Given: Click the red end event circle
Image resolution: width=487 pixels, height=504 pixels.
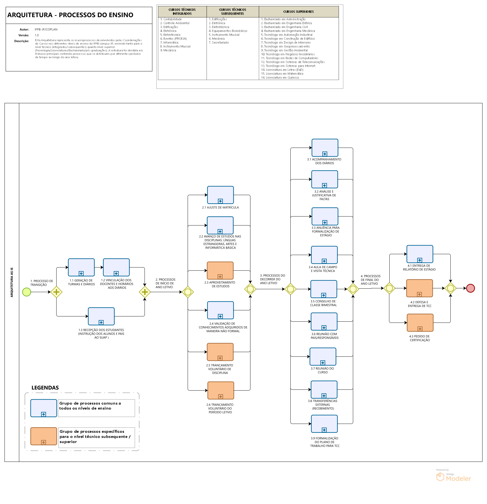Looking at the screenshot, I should (x=470, y=288).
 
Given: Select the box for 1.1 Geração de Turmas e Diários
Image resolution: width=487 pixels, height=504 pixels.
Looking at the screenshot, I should (x=81, y=267).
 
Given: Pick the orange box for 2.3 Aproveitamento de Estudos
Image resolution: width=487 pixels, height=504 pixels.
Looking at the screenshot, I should (x=220, y=271).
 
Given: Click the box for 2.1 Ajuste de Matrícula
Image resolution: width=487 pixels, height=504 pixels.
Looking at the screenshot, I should (x=220, y=195).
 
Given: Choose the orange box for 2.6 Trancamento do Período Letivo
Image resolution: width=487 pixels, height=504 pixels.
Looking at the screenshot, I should (x=221, y=390).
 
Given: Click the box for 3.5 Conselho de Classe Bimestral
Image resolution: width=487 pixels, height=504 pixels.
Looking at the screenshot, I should (x=324, y=289).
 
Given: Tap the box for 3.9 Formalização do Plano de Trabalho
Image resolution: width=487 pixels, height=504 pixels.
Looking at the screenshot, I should (x=324, y=424).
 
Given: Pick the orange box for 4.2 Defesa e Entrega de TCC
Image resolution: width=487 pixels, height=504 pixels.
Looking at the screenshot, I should (x=419, y=288).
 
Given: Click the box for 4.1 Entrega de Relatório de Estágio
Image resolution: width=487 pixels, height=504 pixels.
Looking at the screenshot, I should (x=420, y=254).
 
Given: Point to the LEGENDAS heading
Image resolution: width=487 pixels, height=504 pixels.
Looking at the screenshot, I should (x=45, y=388).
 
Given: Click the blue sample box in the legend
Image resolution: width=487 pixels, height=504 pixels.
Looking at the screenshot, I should (x=44, y=408).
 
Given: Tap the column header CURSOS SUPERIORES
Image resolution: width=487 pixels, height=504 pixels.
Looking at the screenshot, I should (x=298, y=12).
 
